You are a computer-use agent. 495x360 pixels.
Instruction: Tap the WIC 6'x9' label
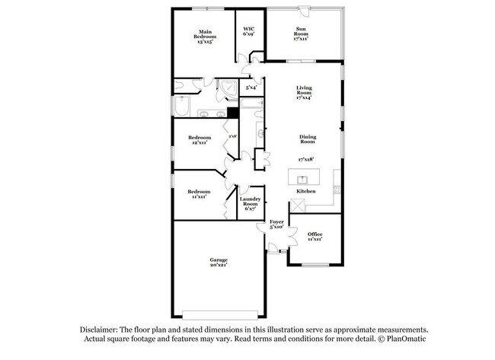249,31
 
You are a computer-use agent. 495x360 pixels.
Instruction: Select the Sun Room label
302,33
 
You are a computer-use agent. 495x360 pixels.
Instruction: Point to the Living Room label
305,93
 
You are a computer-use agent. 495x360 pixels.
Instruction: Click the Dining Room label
307,139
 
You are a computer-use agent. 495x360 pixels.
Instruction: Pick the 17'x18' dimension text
306,159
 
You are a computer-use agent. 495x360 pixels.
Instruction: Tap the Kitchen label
316,191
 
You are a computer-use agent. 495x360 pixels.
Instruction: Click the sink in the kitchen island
302,180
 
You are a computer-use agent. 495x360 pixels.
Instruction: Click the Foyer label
277,224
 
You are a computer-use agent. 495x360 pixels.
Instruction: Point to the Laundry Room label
251,204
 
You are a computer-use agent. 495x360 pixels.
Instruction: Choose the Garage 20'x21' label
219,263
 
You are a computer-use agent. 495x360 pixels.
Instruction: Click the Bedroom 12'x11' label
200,140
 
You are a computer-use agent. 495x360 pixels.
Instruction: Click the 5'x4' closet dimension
251,88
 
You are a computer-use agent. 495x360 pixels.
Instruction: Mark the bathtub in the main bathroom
181,106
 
